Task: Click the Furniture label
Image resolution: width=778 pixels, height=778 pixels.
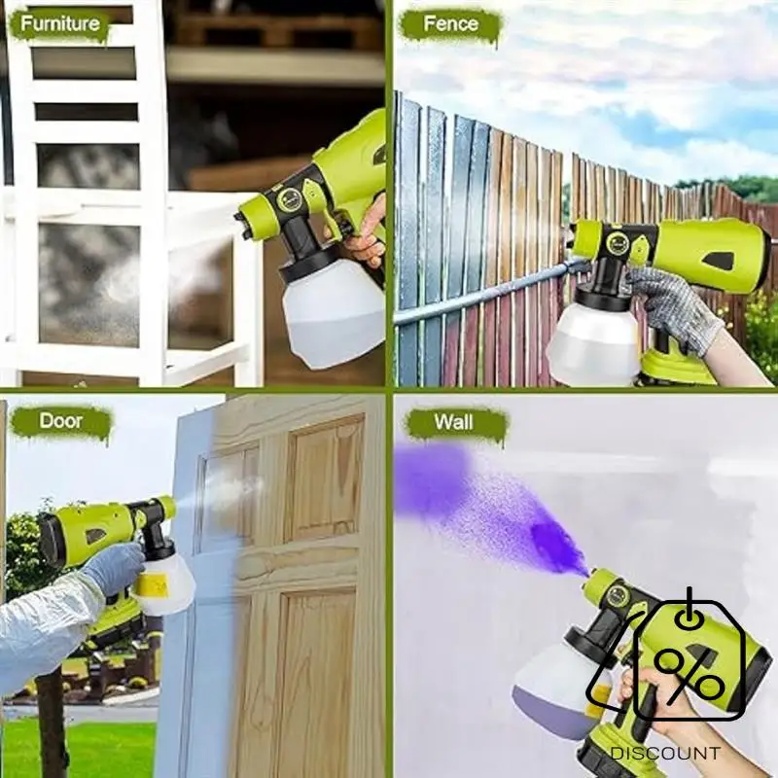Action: coord(60,23)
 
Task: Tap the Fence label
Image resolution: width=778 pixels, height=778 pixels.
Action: coord(450,23)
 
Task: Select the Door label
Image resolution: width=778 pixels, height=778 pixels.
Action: coord(60,422)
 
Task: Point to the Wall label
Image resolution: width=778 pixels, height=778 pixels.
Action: coord(455,422)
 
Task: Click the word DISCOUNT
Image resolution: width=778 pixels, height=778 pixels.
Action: coord(666,754)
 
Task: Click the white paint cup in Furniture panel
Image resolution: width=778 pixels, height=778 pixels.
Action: coord(331,311)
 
